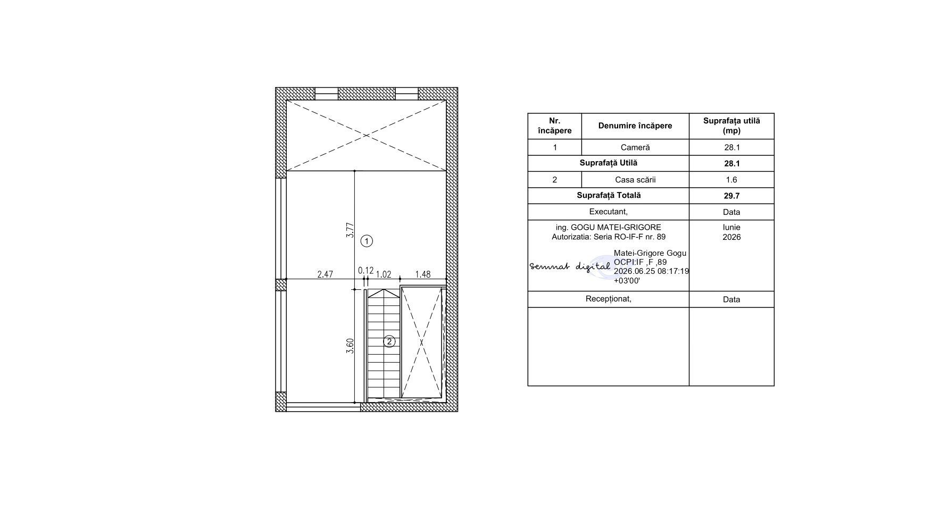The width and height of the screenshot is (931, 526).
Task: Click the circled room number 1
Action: tap(367, 241)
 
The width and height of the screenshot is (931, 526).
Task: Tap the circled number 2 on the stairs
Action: tap(389, 341)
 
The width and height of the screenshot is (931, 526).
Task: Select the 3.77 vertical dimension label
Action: tap(350, 230)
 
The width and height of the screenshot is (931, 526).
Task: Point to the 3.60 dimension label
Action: tap(350, 346)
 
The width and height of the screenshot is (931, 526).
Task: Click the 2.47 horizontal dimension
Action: tap(325, 274)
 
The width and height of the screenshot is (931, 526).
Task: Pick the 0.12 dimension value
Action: tap(365, 271)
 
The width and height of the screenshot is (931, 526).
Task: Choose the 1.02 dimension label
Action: tap(384, 274)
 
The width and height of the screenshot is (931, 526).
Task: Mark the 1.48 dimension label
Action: tap(423, 274)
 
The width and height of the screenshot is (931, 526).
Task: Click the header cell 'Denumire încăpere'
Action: tap(635, 126)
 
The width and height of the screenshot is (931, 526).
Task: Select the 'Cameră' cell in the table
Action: tap(635, 147)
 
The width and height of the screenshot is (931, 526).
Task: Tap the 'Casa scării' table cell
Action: tap(635, 180)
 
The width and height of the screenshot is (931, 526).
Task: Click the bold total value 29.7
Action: tap(731, 196)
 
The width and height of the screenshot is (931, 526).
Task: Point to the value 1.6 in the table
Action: tap(731, 180)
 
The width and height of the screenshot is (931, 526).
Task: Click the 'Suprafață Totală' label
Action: tap(609, 195)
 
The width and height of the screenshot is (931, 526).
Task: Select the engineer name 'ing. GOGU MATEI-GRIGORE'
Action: tap(609, 228)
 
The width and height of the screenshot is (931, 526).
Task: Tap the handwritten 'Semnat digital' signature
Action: tap(570, 266)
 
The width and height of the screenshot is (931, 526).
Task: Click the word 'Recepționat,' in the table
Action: tap(609, 299)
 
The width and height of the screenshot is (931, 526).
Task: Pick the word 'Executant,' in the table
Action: tap(609, 212)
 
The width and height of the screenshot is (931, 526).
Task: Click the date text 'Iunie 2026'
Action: tap(731, 232)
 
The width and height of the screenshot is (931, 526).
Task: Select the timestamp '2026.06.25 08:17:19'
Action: tap(651, 271)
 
